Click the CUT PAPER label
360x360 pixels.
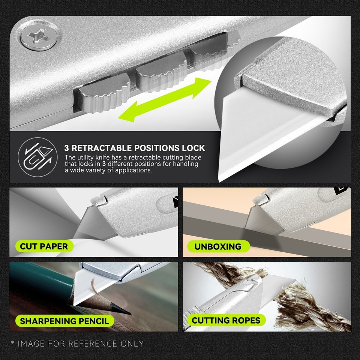click(44, 246)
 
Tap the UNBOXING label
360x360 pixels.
click(217, 246)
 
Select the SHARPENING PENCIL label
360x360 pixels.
click(64, 321)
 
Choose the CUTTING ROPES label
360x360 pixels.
click(226, 320)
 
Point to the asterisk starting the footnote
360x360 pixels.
click(13, 343)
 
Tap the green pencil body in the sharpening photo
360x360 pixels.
click(41, 285)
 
